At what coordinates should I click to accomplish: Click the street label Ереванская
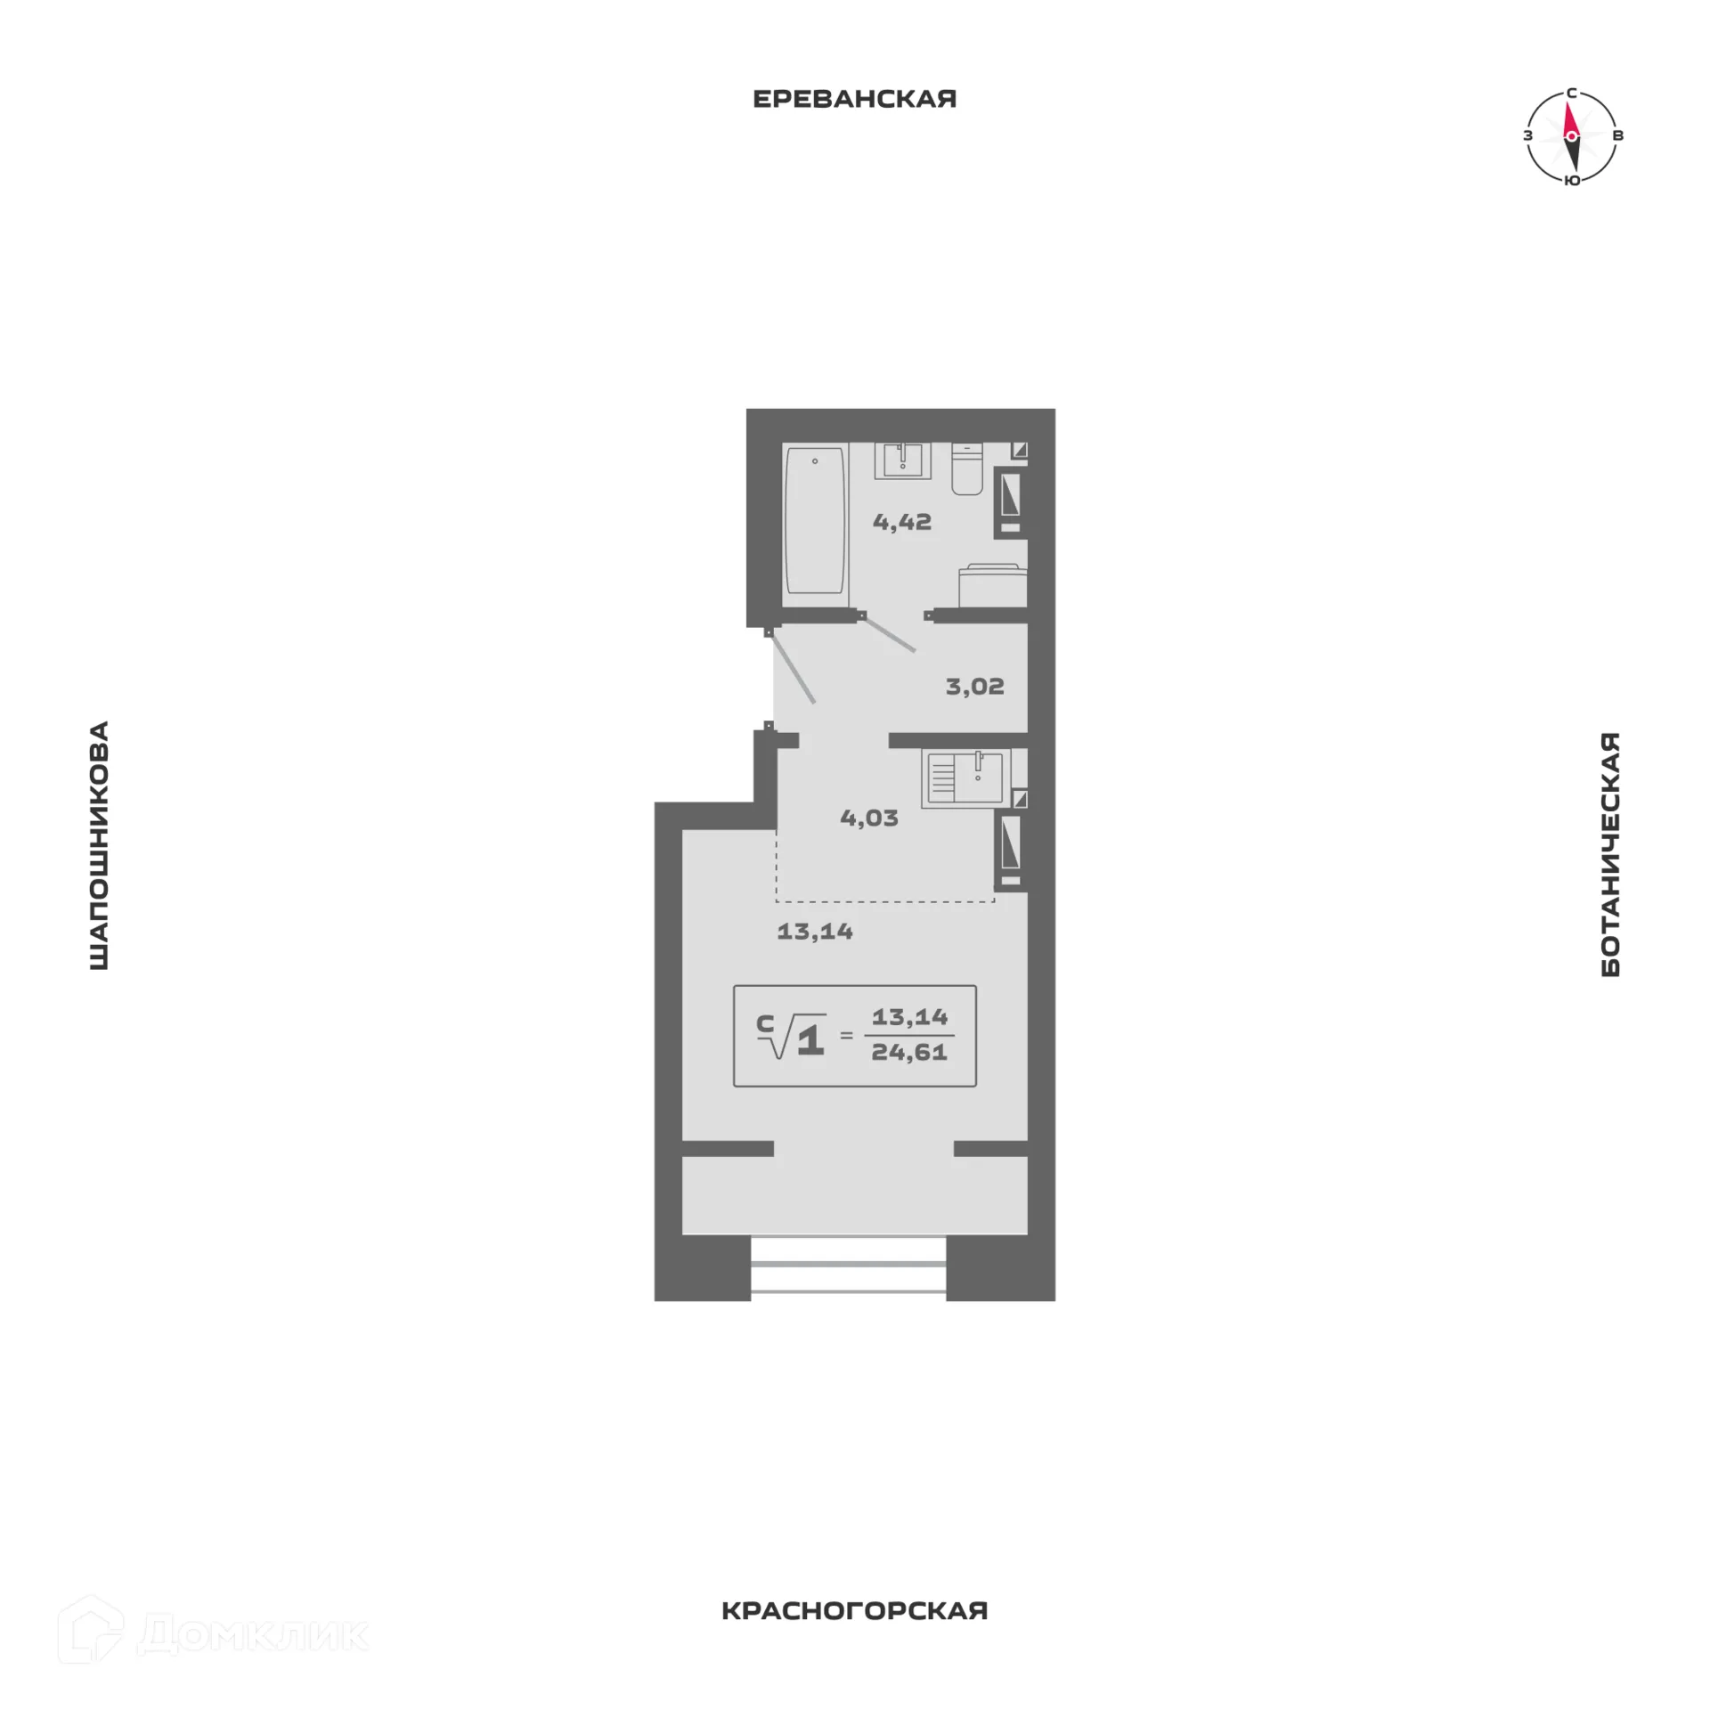coord(854,99)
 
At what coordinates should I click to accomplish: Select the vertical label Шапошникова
coord(99,845)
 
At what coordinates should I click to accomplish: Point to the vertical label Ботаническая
coord(1610,854)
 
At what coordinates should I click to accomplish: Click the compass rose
coord(1572,136)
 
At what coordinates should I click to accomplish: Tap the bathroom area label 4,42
coord(902,522)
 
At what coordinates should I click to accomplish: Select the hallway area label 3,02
coord(974,687)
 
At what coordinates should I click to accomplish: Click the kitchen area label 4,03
coord(869,818)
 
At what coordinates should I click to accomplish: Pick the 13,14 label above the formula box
coord(815,932)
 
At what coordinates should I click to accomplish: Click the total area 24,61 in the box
coord(909,1052)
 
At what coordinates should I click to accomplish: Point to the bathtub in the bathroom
coord(815,521)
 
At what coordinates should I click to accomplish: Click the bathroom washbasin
coord(902,460)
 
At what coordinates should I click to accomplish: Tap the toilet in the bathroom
coord(967,469)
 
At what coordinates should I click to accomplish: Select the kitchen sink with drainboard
coord(965,778)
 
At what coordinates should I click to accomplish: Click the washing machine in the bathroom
coord(993,585)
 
